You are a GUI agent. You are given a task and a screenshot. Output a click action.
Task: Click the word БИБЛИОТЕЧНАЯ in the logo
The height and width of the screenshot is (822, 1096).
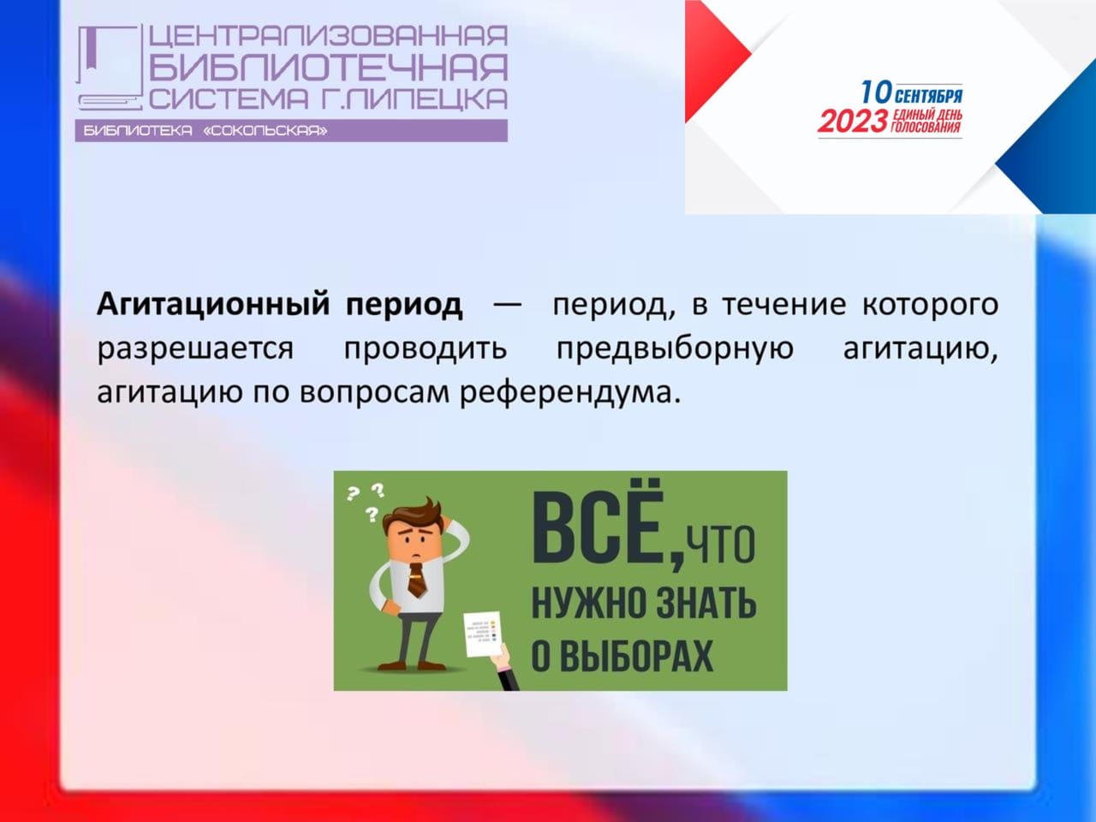coord(328,67)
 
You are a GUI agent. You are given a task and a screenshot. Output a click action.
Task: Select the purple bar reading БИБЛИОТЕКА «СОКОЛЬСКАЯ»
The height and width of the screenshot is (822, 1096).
coord(291,131)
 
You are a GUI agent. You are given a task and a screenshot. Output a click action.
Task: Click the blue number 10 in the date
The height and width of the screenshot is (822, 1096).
coord(876,92)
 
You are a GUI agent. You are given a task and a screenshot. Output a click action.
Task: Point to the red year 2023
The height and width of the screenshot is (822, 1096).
coord(853,122)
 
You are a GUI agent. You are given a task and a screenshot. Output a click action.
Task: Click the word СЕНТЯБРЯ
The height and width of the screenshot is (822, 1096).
coord(929,96)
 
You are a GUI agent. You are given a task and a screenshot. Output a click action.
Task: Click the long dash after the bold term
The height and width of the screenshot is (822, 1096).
coord(507,303)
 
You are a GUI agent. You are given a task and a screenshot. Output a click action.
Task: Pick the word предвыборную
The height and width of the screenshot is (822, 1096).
coord(675,348)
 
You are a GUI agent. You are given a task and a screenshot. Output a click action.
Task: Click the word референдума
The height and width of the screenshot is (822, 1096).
coord(570,393)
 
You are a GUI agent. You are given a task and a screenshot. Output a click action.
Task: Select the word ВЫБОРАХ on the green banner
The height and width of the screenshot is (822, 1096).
coord(636,655)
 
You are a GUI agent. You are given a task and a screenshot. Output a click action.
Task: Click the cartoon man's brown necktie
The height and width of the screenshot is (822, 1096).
coord(416,580)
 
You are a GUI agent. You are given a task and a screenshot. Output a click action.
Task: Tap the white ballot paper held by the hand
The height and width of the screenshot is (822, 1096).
coord(483,634)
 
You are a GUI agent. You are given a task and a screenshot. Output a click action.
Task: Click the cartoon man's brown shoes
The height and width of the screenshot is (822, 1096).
coord(411,665)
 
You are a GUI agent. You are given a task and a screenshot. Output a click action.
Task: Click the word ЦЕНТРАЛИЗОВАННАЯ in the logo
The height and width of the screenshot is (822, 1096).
coord(328,36)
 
